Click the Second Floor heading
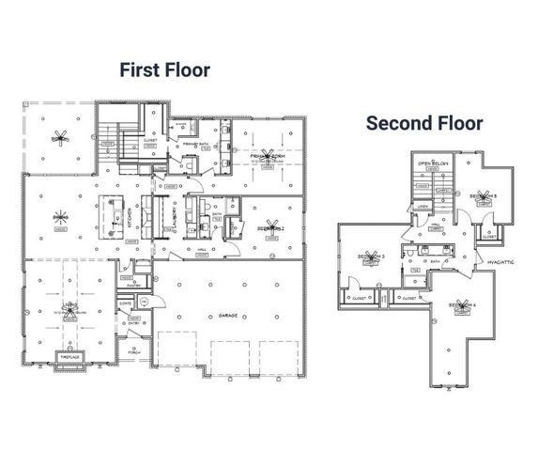pos(424,123)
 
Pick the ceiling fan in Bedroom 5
pos(485,195)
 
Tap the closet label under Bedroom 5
pos(488,236)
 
